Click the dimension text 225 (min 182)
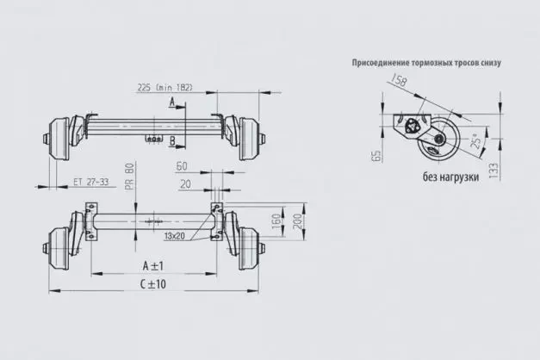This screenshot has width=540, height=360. [164, 87]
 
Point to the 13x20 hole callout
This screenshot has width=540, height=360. [175, 235]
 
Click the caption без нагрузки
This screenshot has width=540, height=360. [451, 177]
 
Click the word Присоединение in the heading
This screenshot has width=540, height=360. [382, 63]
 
